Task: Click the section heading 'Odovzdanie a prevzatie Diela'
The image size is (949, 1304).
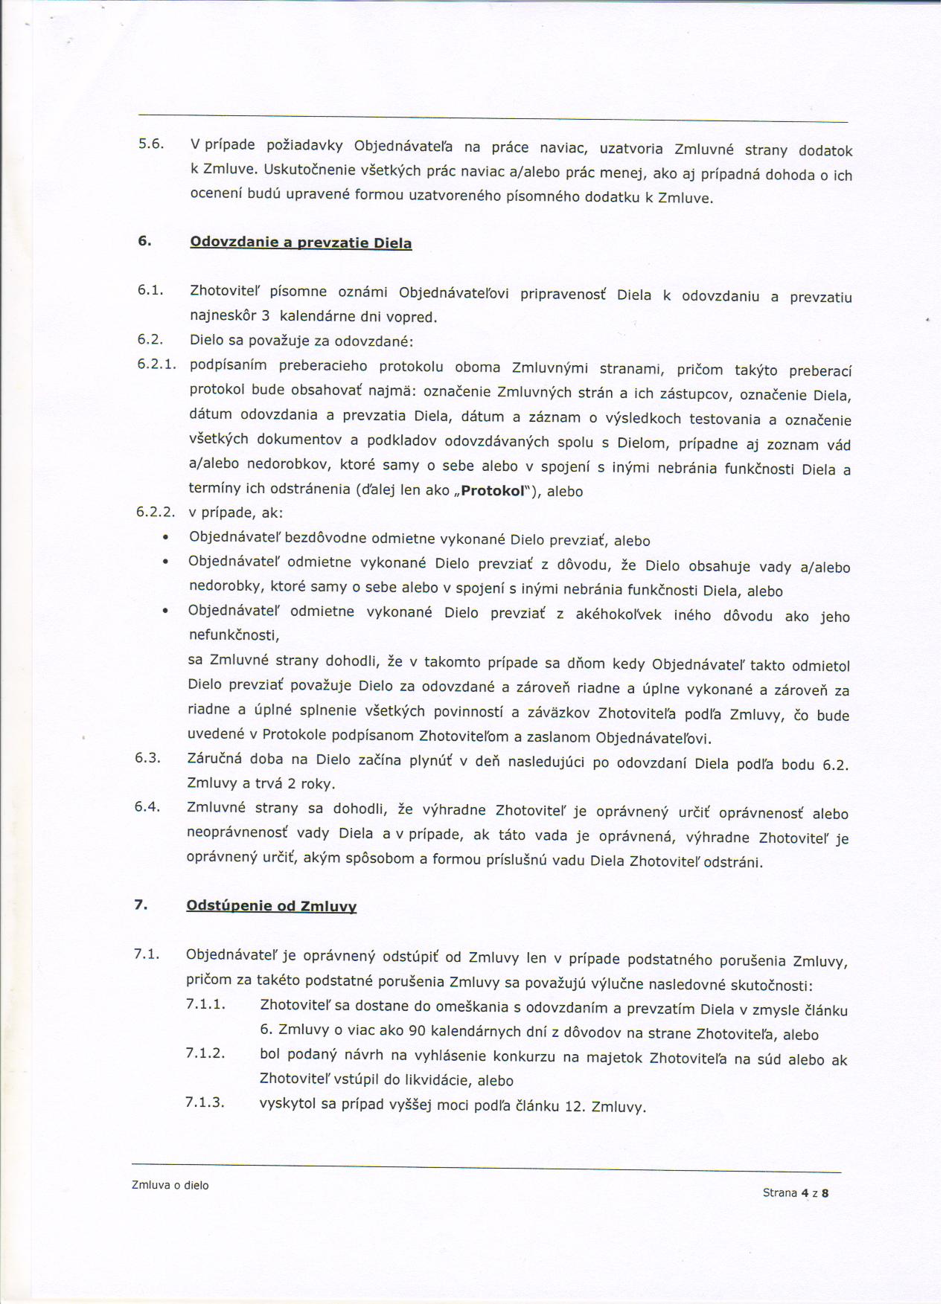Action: tap(301, 243)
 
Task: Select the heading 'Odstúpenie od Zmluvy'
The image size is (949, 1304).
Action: tap(271, 906)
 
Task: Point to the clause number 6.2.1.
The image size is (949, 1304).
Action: tap(156, 364)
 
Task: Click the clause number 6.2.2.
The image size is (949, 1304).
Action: tap(156, 512)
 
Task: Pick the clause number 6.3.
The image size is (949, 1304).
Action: tap(147, 757)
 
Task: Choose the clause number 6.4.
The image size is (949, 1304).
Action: tap(147, 806)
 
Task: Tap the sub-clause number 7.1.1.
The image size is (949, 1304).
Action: tap(205, 1004)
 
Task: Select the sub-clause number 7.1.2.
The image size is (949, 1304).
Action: tap(205, 1053)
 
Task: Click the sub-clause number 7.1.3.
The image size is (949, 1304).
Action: tap(205, 1102)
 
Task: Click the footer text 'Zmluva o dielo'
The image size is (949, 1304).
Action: tap(170, 1186)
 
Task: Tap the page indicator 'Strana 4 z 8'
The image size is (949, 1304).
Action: tap(795, 1192)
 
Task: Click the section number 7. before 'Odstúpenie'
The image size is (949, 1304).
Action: tap(140, 905)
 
